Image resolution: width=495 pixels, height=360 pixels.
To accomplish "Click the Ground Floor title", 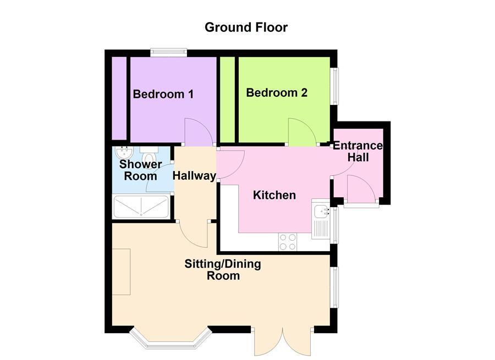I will tap(246, 27).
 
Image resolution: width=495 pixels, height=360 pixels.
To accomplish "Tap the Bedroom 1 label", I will tap(163, 94).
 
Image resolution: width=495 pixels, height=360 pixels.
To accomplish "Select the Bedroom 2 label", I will tap(276, 93).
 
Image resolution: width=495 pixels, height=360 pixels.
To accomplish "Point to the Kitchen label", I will tap(274, 195).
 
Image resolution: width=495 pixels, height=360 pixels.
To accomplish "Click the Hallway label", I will tap(194, 176).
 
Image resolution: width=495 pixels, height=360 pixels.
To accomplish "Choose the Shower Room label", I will tap(141, 170).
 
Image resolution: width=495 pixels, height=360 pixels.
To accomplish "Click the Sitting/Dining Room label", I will tap(223, 270).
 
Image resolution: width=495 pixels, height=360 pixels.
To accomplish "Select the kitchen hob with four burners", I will tap(287, 241).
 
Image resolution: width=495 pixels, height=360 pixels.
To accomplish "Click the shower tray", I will tap(141, 207).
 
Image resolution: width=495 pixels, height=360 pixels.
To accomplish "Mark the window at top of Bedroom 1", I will tap(169, 53).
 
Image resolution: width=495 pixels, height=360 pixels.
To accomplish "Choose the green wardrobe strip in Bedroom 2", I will tap(226, 99).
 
